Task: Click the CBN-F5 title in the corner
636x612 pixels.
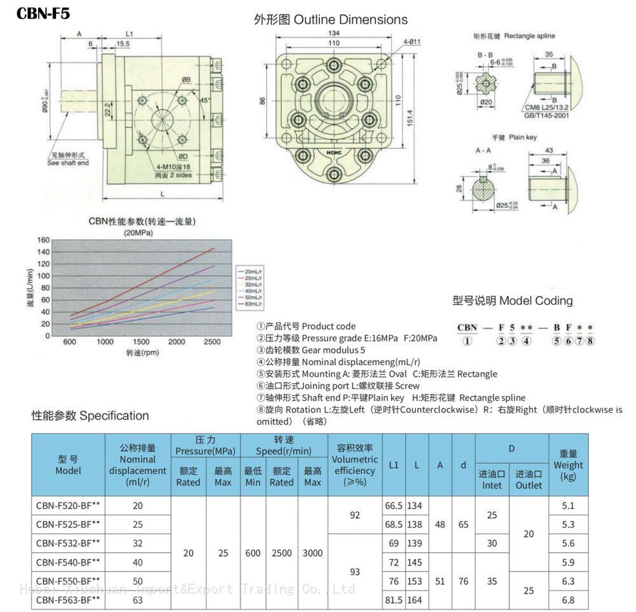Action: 43,14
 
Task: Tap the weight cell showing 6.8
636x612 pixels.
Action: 568,599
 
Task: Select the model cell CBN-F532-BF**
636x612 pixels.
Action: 68,543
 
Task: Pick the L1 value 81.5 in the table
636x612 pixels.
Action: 394,599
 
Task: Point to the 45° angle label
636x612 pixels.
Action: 204,100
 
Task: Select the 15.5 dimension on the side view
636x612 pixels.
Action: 122,43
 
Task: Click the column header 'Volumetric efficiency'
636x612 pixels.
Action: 355,465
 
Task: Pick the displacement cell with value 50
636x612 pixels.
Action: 138,581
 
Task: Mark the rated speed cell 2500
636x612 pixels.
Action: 281,553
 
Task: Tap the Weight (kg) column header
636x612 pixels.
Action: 568,465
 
